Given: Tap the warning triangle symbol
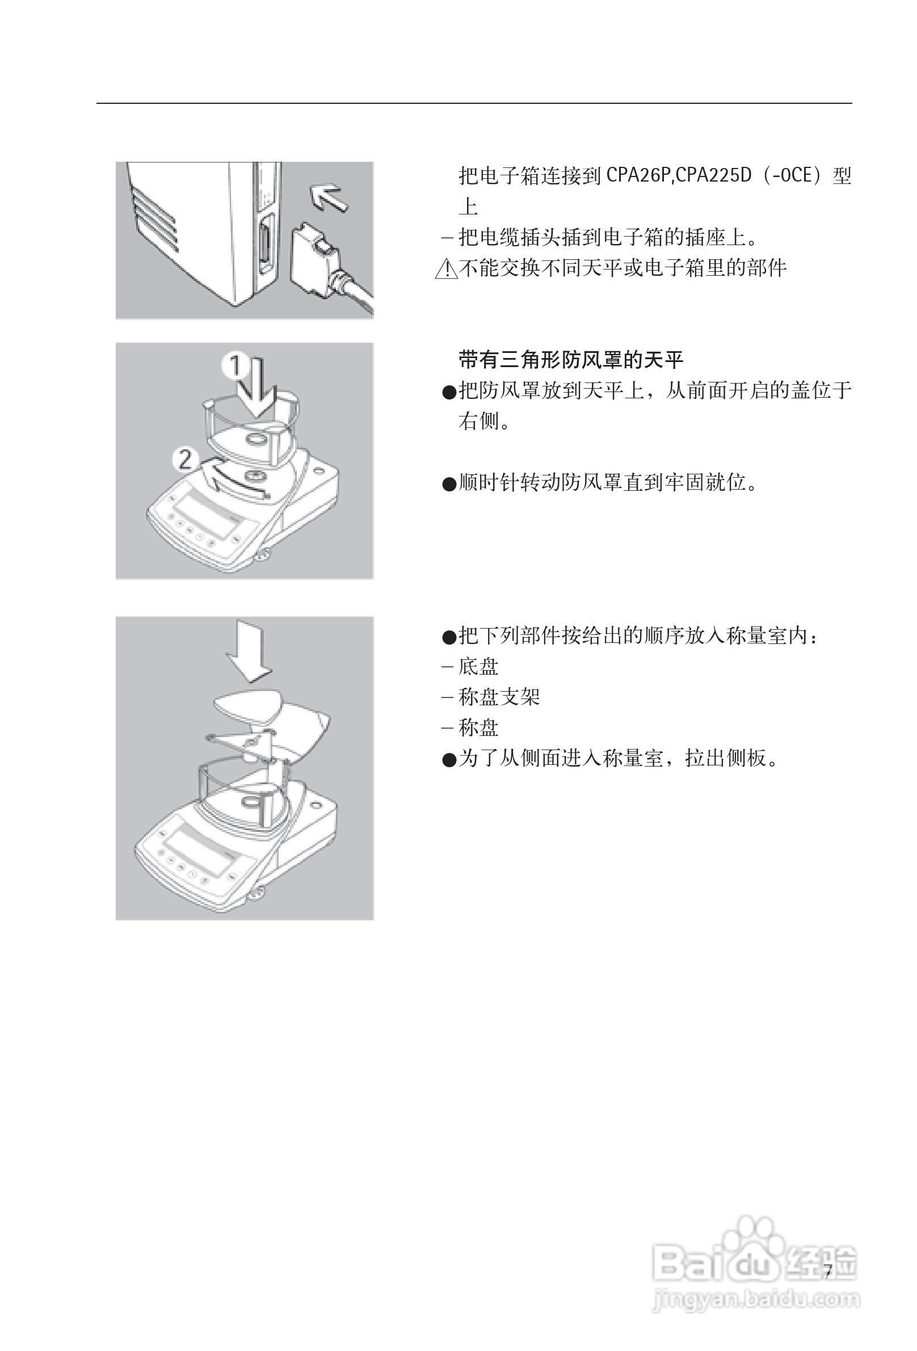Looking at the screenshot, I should click(x=446, y=269).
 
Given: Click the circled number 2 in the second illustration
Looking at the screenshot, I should click(x=186, y=460).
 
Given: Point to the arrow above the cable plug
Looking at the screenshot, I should click(x=329, y=197).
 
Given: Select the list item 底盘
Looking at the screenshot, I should click(x=478, y=667).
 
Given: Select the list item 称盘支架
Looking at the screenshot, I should click(x=498, y=697).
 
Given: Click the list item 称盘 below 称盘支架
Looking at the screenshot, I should click(x=478, y=728).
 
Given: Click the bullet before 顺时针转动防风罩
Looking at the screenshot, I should click(x=449, y=484).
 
